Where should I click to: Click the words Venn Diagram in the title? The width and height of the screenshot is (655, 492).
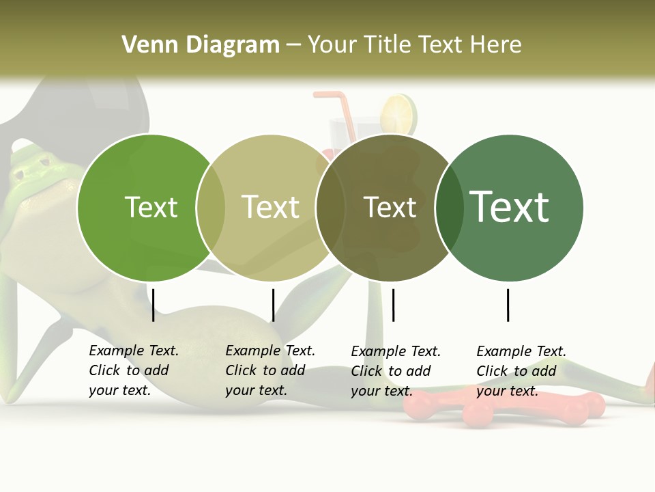(201, 45)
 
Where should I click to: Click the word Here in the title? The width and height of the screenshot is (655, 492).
(497, 45)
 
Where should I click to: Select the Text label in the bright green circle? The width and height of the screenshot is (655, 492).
(151, 207)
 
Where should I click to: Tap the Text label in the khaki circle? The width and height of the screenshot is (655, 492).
(270, 207)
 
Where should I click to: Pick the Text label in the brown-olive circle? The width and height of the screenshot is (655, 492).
(390, 207)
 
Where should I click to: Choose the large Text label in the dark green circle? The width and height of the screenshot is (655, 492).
(509, 207)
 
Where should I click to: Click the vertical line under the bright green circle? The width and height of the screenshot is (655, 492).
(154, 305)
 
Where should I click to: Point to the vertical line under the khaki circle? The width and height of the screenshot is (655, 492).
(273, 305)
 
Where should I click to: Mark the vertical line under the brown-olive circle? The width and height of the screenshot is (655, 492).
(393, 305)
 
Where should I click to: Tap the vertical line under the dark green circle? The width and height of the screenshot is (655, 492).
(508, 305)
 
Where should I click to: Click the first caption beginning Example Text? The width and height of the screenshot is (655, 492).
(134, 370)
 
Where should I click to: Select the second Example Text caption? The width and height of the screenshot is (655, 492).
(270, 370)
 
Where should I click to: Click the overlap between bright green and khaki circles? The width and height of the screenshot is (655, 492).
(211, 208)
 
